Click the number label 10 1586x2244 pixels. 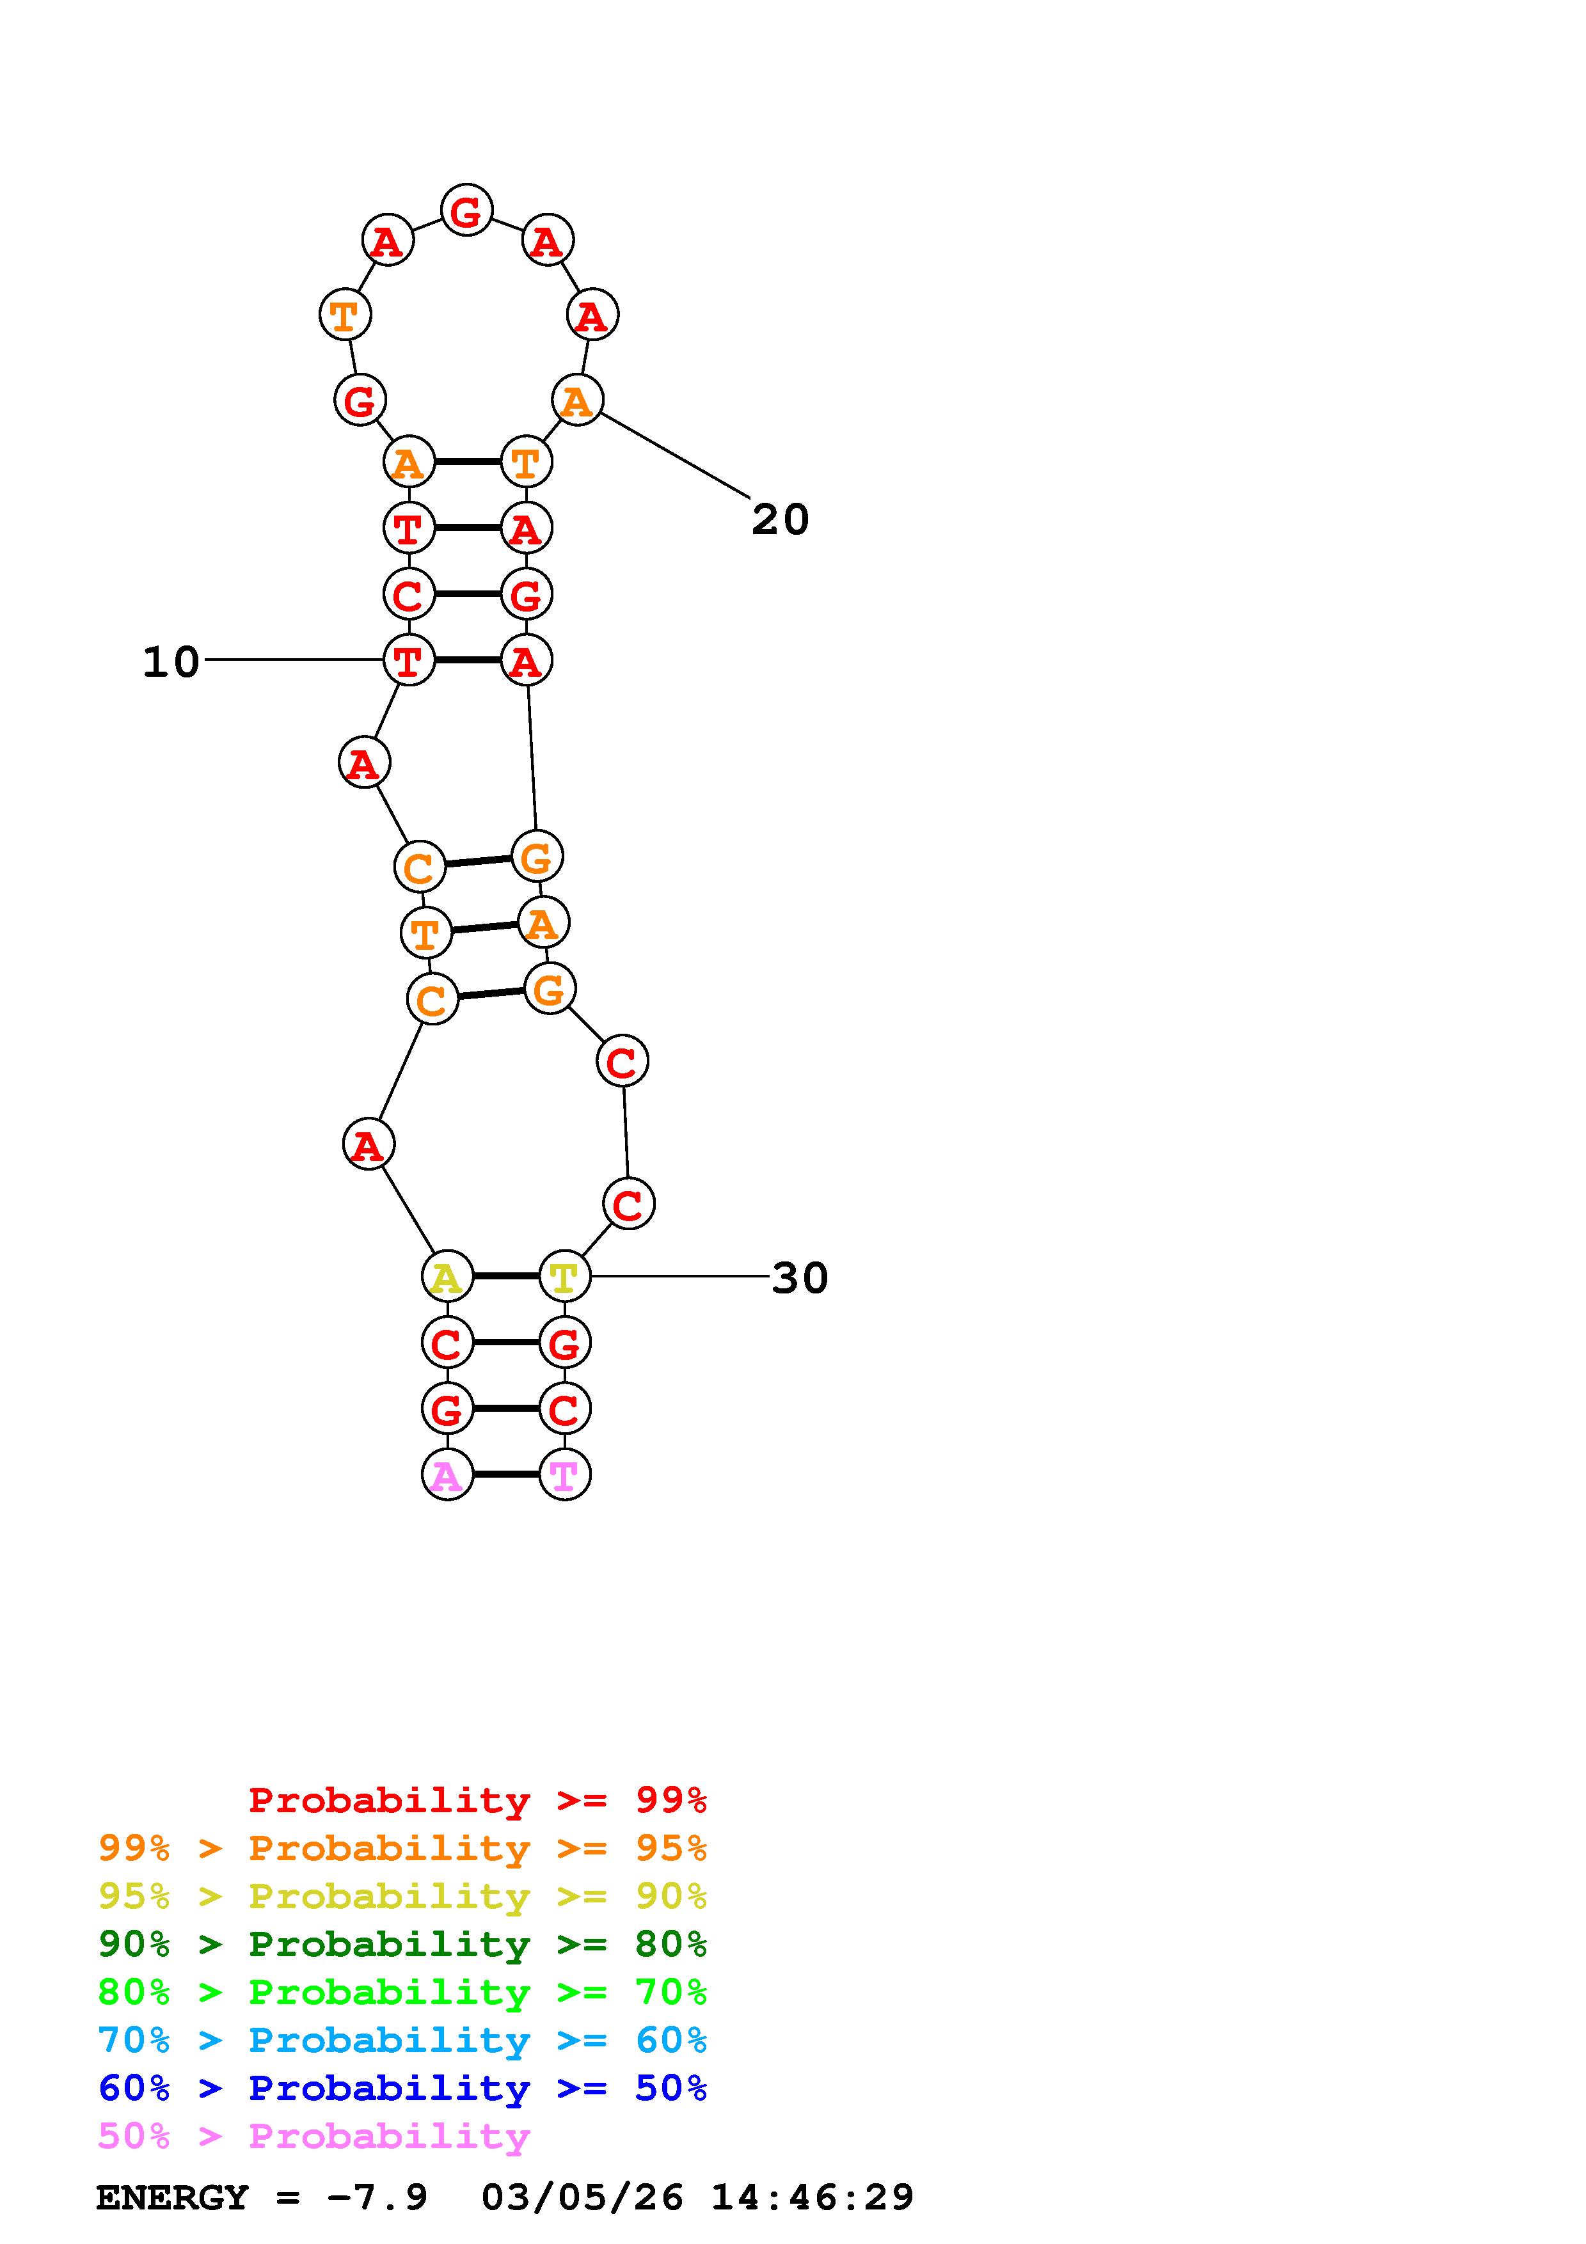[171, 663]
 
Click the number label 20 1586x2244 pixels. [780, 520]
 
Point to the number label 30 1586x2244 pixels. [799, 1278]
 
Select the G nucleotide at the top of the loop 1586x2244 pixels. [466, 210]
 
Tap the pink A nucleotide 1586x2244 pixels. [447, 1475]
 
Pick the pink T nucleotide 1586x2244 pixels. [564, 1475]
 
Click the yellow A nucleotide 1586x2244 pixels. [447, 1276]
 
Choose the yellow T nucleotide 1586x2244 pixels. [564, 1276]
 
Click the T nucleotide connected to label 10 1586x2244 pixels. [408, 660]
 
